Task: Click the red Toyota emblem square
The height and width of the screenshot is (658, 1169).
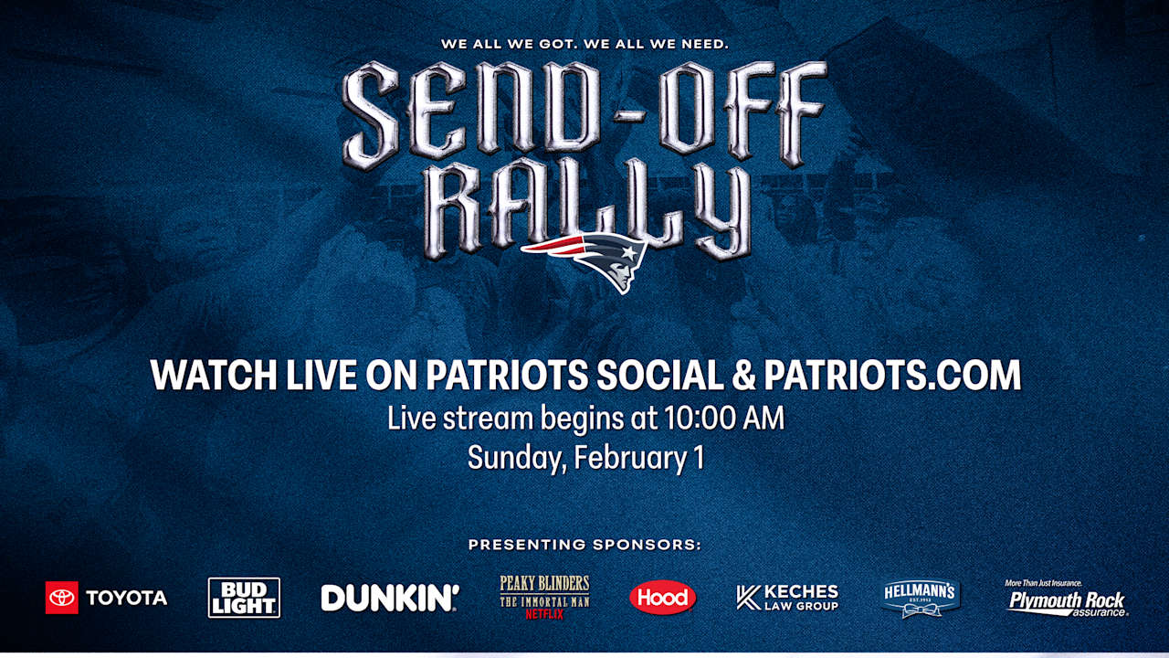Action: pos(61,598)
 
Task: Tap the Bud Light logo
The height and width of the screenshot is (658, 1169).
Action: pos(244,598)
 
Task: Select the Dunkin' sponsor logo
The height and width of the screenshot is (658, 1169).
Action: pos(390,598)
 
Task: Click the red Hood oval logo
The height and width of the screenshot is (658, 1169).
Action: pos(662,597)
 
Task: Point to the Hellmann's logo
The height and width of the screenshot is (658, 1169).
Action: pos(920,598)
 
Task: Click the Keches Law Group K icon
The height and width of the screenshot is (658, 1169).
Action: pos(748,598)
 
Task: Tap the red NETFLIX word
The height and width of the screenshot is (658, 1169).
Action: pos(544,615)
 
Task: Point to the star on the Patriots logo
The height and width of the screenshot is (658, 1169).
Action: pos(629,253)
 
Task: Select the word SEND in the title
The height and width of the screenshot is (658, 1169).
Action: pos(470,111)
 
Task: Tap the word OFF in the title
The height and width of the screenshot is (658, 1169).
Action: pos(743,111)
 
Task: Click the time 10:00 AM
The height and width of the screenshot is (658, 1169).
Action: pos(724,419)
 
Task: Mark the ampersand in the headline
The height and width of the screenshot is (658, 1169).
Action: pos(743,375)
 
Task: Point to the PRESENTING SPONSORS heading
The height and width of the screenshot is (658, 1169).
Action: pos(584,545)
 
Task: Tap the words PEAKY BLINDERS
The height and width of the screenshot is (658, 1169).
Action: pos(544,583)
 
